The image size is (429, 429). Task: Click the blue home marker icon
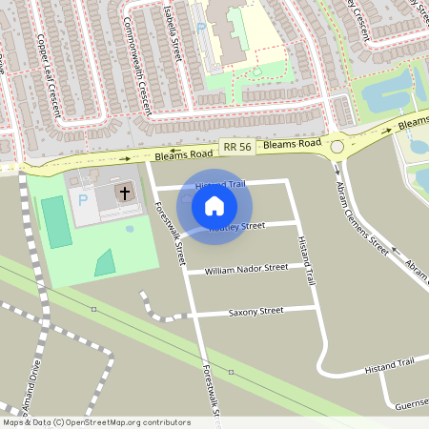[214, 205]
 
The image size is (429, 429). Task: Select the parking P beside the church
[83, 200]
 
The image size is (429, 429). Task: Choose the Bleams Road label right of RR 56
[292, 144]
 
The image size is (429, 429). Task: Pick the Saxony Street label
[255, 311]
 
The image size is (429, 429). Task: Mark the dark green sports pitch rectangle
[56, 221]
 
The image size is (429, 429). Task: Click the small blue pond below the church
[130, 229]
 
